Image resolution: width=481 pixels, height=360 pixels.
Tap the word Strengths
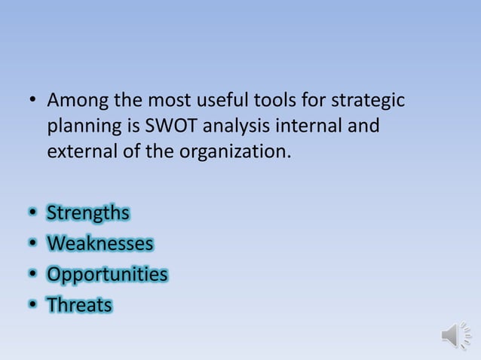[x=87, y=214]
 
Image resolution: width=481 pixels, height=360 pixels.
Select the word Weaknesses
[x=100, y=244]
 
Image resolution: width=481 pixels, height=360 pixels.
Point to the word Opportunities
[x=107, y=274]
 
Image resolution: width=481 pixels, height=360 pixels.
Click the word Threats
[x=79, y=305]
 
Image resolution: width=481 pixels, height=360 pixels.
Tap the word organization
[x=236, y=151]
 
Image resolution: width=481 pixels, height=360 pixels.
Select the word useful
[x=228, y=99]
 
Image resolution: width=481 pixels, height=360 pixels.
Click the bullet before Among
[x=32, y=100]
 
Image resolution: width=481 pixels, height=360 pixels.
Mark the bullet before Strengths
[x=32, y=215]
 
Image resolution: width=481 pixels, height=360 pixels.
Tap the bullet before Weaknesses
[x=32, y=245]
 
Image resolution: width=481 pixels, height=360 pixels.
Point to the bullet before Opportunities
[x=32, y=275]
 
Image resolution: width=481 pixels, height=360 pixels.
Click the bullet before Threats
[x=32, y=306]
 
